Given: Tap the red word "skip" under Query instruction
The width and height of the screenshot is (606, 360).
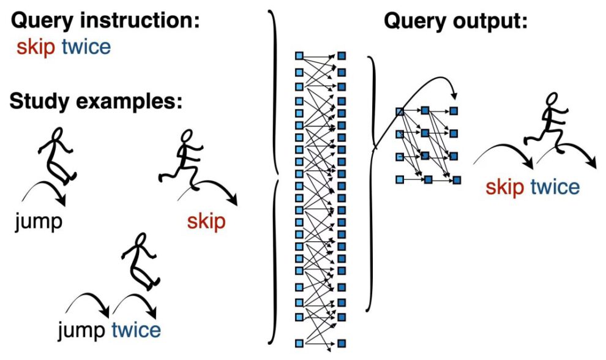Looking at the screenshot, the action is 36,47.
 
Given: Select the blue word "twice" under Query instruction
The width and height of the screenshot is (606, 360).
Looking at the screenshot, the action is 86,47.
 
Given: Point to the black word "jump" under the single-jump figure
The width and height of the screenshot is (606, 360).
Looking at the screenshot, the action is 39,222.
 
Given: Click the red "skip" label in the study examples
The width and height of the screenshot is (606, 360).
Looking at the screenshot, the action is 206,222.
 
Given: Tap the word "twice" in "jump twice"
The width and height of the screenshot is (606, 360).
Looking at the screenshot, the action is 136,330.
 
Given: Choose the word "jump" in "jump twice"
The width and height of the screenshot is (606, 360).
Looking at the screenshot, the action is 81,331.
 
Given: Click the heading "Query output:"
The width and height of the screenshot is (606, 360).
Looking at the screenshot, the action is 455,21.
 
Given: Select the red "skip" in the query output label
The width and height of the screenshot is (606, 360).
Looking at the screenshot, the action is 505,187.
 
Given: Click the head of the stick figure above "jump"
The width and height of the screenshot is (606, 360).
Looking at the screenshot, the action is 57,134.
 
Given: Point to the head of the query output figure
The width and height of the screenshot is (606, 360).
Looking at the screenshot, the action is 552,99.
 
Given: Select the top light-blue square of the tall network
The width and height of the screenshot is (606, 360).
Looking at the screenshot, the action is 299,56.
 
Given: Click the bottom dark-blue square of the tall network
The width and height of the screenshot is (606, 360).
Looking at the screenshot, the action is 342,343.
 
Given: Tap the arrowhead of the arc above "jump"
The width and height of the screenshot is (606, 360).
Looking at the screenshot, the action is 61,201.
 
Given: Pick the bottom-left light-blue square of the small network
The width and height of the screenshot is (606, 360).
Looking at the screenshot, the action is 400,179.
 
